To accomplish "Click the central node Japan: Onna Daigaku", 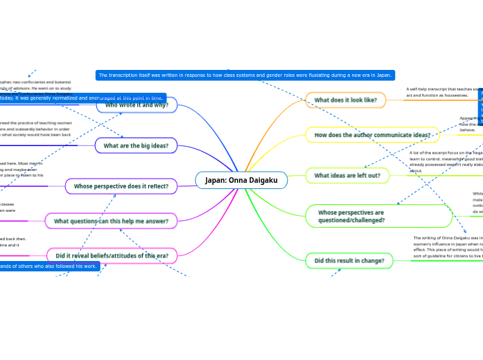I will pos(241,181).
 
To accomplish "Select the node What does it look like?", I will pos(346,100).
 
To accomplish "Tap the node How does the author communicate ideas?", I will pos(372,135).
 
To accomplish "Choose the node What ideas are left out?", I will pos(347,176).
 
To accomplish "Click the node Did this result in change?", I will pos(350,260).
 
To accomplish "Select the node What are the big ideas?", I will pos(136,146).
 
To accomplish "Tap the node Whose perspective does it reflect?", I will pos(121,186).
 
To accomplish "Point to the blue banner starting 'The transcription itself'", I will pos(245,75).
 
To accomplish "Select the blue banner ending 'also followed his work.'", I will pos(49,266).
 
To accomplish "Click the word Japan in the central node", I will pos(218,181).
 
